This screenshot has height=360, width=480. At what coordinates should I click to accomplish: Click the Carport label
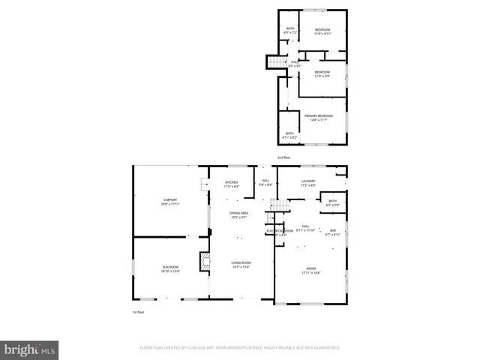[170, 199]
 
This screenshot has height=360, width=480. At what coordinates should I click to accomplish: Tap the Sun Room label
[170, 266]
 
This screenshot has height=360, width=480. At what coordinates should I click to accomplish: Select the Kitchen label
[232, 183]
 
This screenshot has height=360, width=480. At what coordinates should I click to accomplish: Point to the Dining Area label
[239, 213]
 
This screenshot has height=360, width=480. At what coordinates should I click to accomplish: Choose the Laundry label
[307, 181]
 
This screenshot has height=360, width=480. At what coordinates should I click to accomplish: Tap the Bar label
[333, 230]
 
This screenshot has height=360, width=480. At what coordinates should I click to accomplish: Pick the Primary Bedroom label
[318, 115]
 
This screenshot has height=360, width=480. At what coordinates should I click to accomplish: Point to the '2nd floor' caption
[283, 157]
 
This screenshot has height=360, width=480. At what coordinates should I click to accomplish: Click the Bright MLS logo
[30, 349]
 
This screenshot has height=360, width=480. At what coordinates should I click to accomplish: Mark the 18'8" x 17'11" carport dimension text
[170, 203]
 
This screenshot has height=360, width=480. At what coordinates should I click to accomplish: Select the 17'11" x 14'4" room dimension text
[310, 272]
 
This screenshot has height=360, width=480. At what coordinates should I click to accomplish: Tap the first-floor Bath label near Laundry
[332, 201]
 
